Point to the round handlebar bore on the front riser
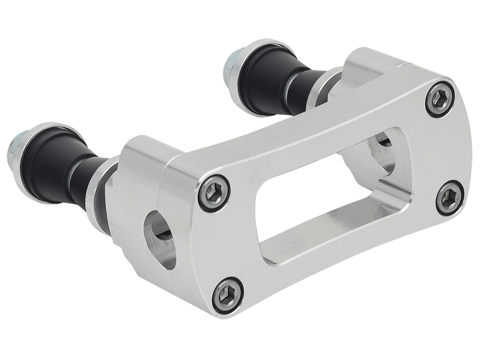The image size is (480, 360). (160, 240)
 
